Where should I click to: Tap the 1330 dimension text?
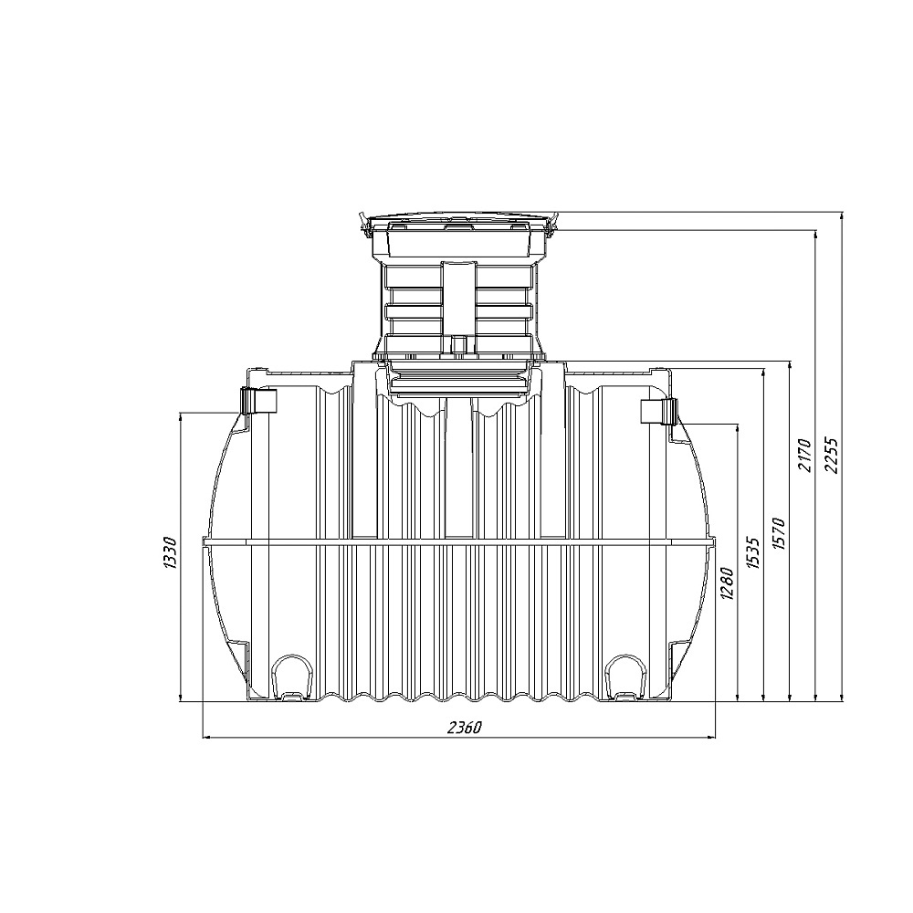(x=169, y=553)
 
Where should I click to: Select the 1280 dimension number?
(x=728, y=582)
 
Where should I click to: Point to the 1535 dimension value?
(x=753, y=552)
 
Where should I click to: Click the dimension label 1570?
(x=779, y=533)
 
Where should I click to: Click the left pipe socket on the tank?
(x=258, y=400)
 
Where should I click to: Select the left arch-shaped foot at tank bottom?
(x=291, y=677)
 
